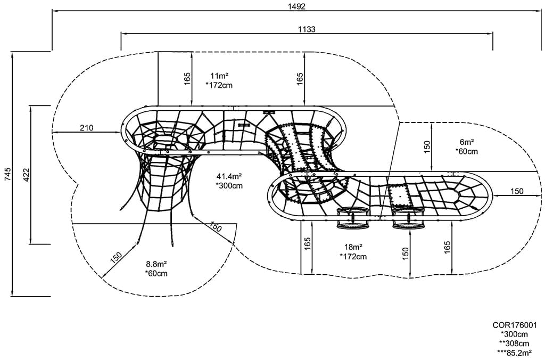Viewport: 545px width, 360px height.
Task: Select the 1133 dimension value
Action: point(307,29)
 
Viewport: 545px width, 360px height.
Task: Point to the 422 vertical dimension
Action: point(26,174)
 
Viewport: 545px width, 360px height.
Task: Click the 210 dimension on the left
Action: point(86,127)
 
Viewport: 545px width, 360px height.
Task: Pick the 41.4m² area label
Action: point(229,176)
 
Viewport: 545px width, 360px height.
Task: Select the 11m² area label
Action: point(219,75)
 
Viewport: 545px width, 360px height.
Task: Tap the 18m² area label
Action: point(353,247)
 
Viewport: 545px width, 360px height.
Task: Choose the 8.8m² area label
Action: point(156,264)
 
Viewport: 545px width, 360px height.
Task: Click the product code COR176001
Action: point(515,324)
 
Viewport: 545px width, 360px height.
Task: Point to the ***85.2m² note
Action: point(515,352)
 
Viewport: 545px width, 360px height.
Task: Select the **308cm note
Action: point(515,343)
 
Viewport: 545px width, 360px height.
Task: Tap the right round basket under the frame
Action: point(408,218)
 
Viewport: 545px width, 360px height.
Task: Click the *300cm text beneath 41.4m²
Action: point(229,185)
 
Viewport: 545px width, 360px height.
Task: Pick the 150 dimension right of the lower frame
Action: point(517,191)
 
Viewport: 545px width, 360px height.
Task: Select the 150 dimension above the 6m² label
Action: point(427,147)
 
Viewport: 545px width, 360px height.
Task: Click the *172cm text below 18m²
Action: point(353,257)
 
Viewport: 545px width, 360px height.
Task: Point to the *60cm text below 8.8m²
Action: point(156,273)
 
